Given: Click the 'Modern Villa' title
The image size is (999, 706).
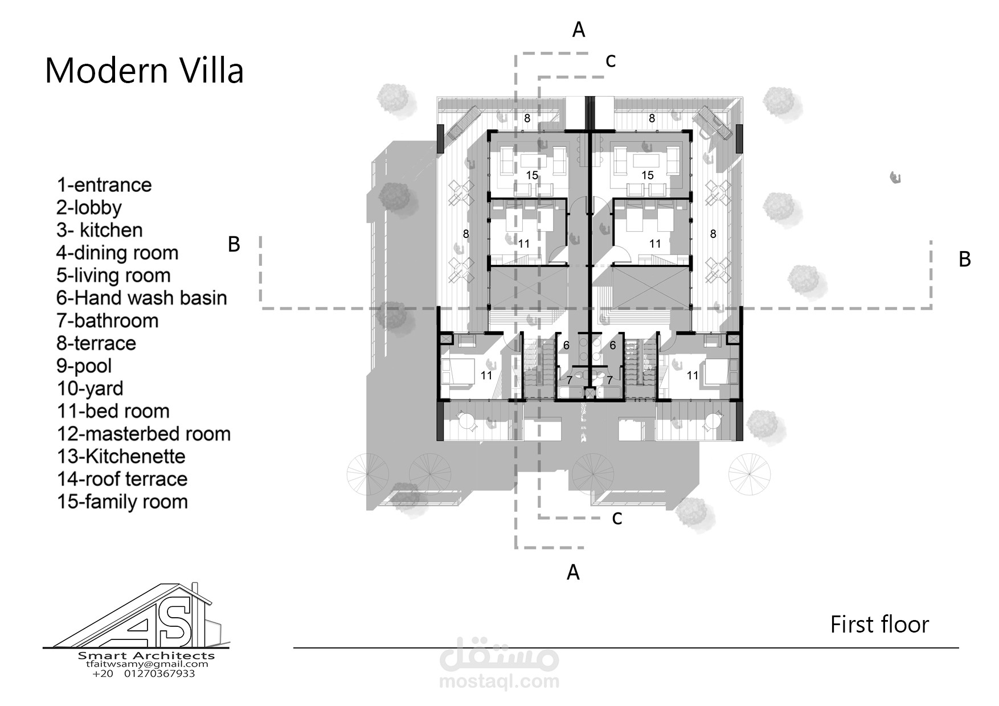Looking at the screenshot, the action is tap(144, 71).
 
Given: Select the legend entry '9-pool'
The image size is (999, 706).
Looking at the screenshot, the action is tap(84, 366).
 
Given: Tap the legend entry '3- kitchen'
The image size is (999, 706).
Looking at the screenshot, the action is tap(100, 230).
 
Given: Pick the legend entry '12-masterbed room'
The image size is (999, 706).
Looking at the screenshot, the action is tap(144, 434).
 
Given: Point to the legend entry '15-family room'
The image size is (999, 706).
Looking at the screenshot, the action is tap(122, 502).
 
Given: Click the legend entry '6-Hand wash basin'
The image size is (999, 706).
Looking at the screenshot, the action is tap(142, 298).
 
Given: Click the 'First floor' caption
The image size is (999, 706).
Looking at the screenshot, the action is tap(879, 625).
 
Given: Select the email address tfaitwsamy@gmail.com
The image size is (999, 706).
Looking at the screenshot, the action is tap(147, 664).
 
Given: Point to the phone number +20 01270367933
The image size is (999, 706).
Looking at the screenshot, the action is tap(144, 674).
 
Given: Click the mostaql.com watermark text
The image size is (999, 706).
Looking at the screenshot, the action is tap(499, 681).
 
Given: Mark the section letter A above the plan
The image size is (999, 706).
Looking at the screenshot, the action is tap(579, 30).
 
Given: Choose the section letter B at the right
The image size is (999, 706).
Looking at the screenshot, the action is tap(965, 259).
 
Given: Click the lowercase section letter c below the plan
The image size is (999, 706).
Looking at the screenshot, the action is tap(617, 519).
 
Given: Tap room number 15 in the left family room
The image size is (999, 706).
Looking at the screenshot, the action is tap(532, 175).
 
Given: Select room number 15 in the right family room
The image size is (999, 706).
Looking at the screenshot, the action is tap(648, 175).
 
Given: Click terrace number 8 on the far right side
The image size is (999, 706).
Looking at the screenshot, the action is tap(713, 233).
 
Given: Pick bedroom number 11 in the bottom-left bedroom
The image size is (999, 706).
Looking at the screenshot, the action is tap(486, 375).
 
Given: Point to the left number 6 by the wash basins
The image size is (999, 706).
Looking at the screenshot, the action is tap(566, 345).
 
